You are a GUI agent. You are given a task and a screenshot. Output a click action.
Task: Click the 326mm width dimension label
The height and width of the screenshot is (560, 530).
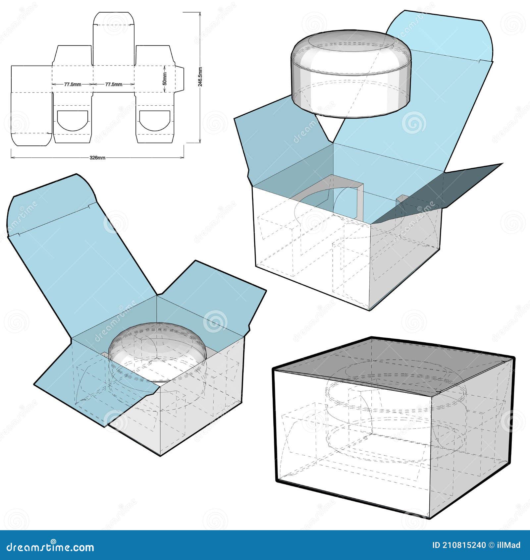97,158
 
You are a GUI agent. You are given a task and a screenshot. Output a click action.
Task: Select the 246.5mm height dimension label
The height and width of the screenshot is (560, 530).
200,77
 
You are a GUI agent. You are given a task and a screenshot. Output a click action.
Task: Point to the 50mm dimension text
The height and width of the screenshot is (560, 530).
165,79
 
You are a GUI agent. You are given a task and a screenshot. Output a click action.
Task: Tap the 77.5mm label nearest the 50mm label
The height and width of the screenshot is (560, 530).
114,84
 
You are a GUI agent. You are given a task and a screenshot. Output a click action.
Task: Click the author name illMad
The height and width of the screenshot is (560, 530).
510,545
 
